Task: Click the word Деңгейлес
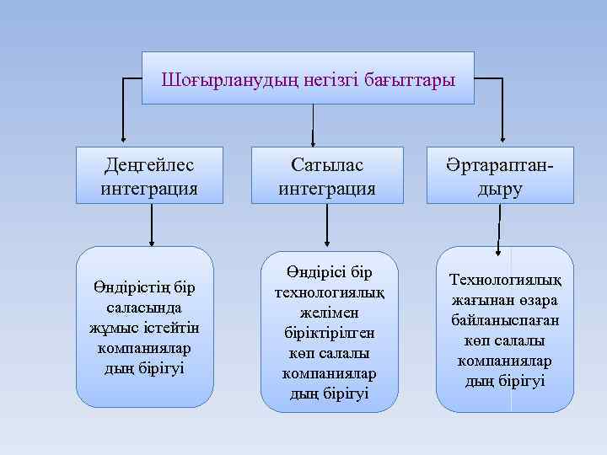coord(149,163)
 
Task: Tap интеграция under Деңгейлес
coord(149,188)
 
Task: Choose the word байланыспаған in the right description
coord(505,320)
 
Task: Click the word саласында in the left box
coord(144,308)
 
